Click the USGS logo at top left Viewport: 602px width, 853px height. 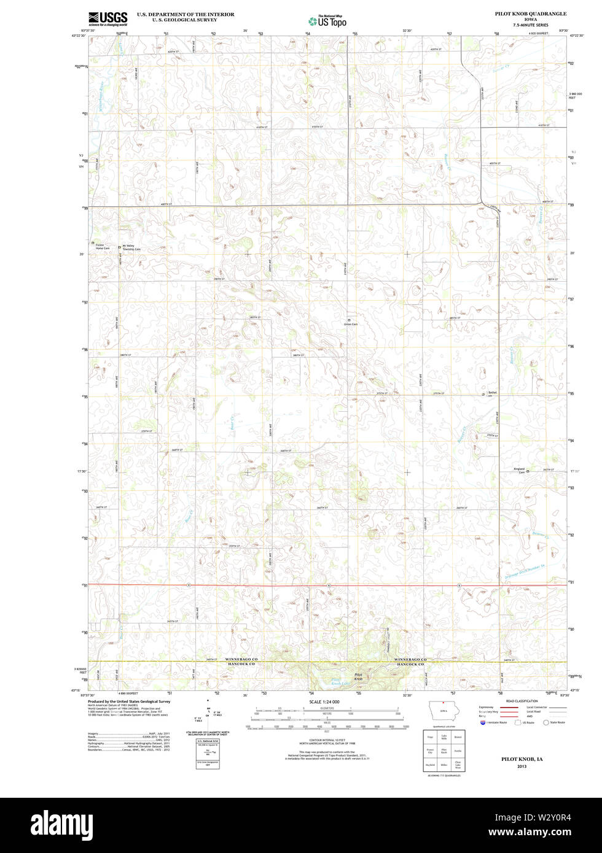tap(107, 18)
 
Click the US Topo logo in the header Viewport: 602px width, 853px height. tap(327, 21)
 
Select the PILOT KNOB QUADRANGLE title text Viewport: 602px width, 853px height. tap(531, 13)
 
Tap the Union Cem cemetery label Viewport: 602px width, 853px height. tap(351, 324)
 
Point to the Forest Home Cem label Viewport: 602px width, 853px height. tap(102, 247)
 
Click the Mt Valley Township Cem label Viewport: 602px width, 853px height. tap(131, 247)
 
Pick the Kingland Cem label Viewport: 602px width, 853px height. tap(519, 470)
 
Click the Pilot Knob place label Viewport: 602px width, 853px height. tap(359, 677)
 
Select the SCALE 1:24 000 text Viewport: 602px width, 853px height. tap(324, 701)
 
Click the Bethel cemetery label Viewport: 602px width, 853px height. tap(491, 393)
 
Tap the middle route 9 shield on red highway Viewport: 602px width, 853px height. tap(329, 585)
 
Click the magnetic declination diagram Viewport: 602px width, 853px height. tap(209, 716)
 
